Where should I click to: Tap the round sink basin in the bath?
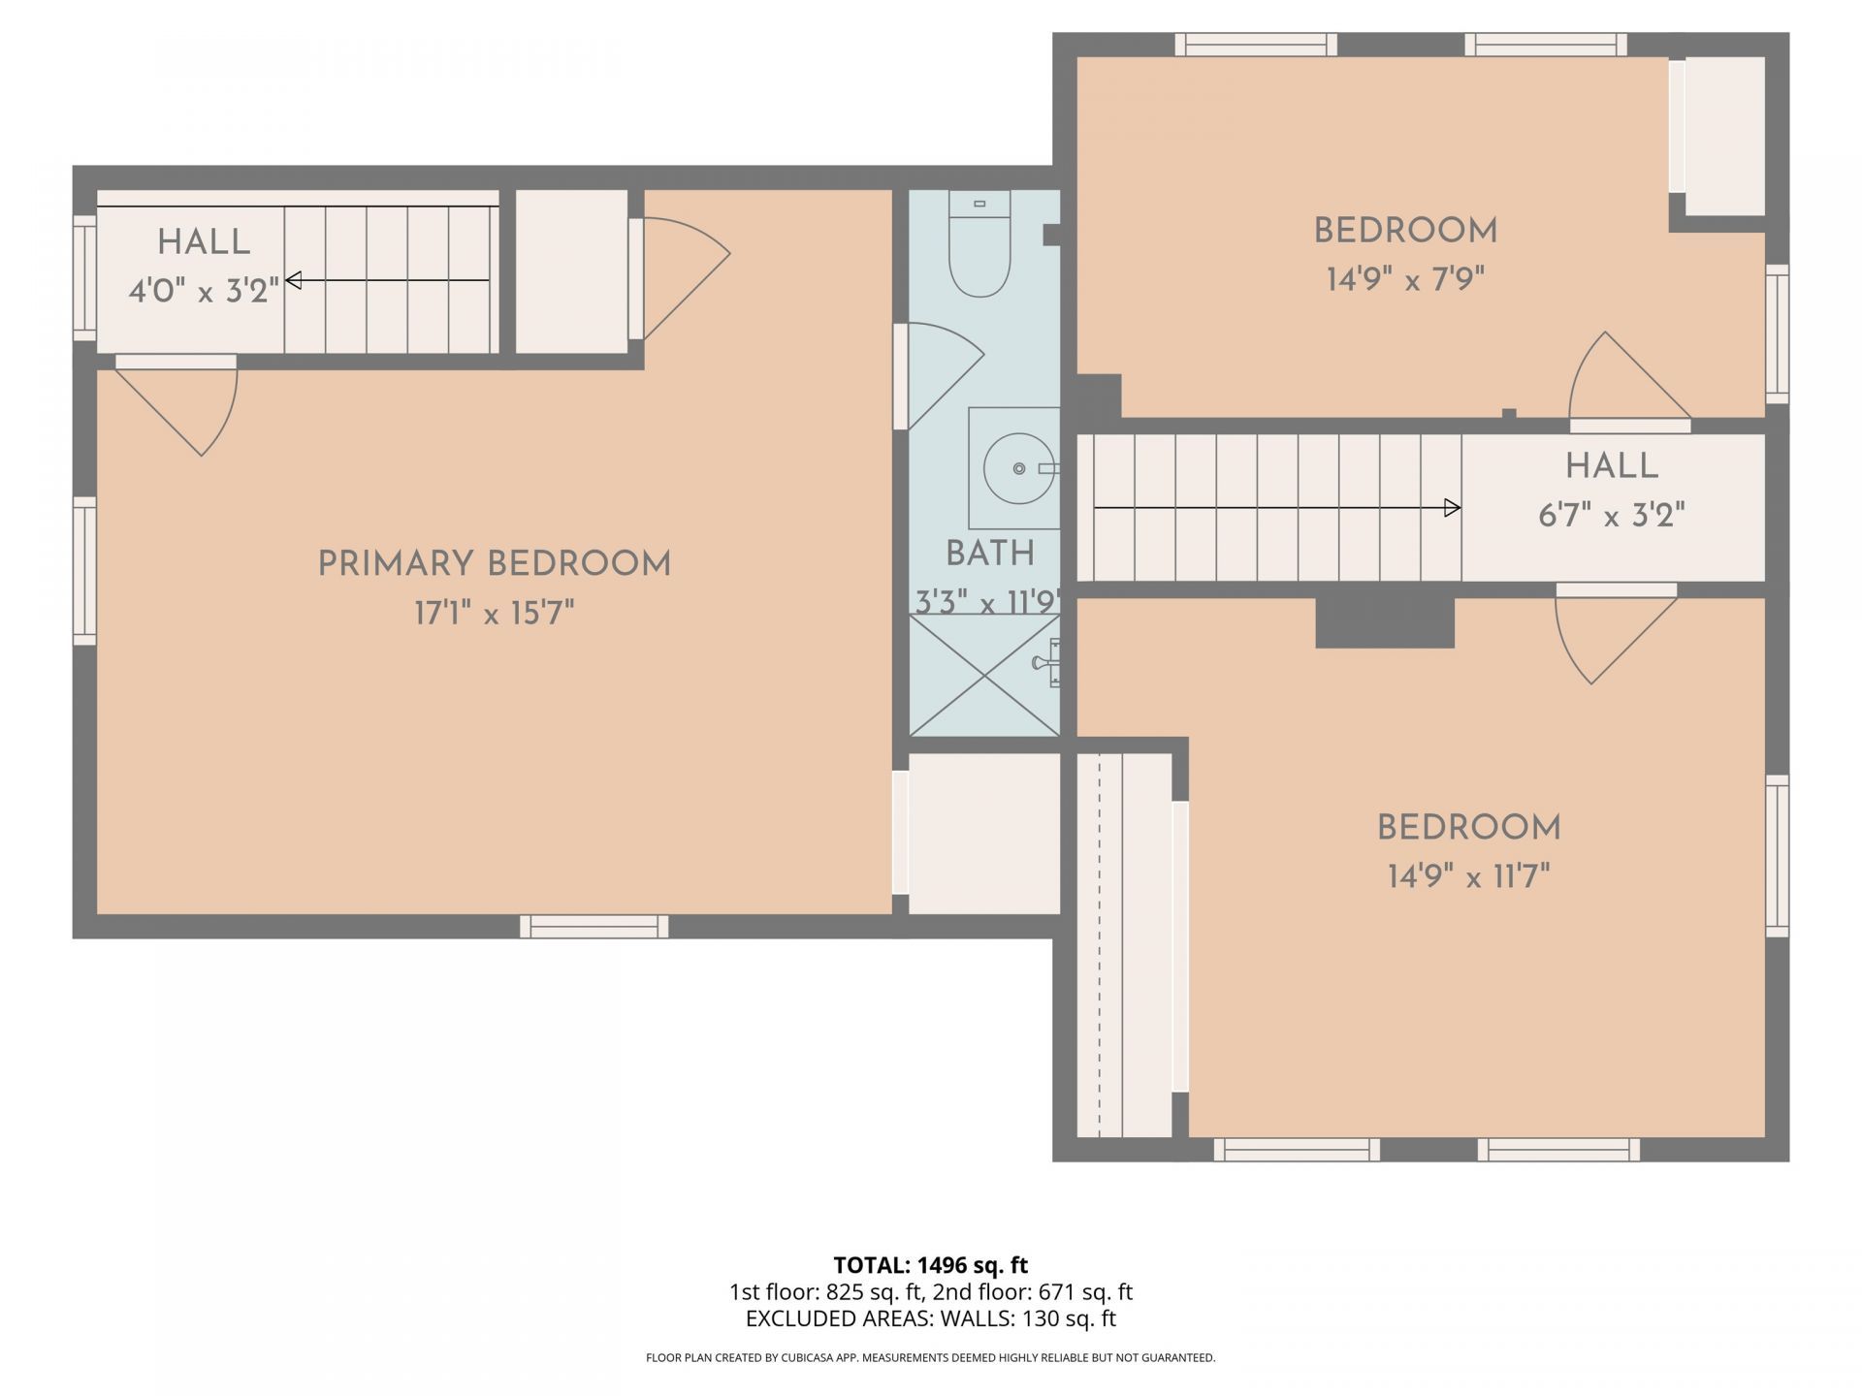tap(1018, 469)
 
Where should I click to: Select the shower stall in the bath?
tap(984, 675)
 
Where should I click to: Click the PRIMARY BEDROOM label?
tap(495, 563)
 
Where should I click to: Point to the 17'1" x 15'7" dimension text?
tap(495, 613)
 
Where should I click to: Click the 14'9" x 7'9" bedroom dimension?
tap(1405, 279)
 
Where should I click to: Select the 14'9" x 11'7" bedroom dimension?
tap(1468, 876)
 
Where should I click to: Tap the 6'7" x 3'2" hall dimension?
tap(1612, 515)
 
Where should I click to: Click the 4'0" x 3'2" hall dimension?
tap(204, 290)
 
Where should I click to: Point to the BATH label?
tap(990, 554)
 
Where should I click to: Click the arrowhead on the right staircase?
tap(1453, 507)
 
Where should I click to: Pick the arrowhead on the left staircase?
tap(293, 280)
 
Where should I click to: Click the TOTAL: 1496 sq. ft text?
tap(931, 1265)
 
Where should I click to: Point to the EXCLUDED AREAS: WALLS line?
tap(931, 1318)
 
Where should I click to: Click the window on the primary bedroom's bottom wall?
tap(594, 926)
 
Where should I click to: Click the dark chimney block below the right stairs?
tap(1385, 622)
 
